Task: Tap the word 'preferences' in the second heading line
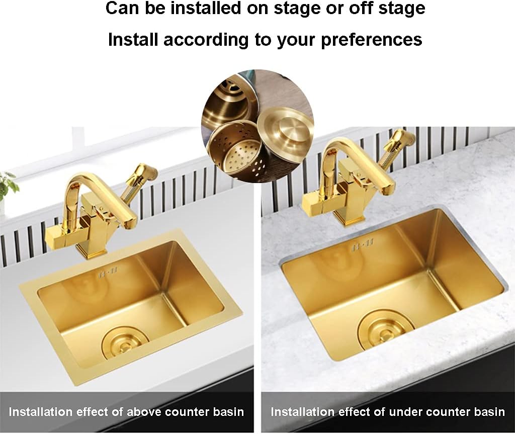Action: pyautogui.click(x=372, y=39)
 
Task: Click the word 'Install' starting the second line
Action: pyautogui.click(x=132, y=39)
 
